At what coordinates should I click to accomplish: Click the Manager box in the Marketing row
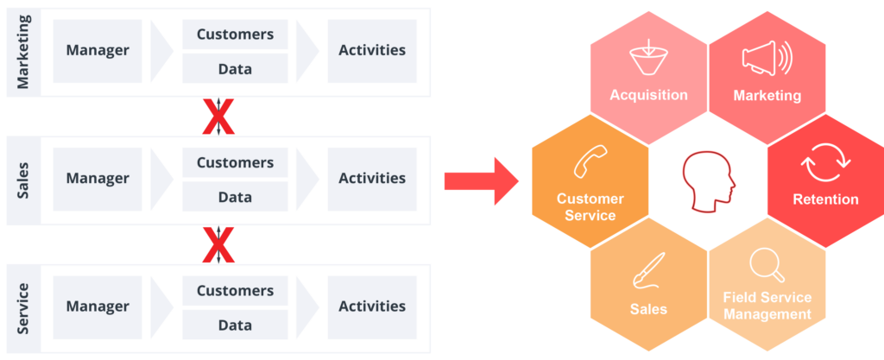tap(98, 50)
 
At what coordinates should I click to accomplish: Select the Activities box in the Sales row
tap(372, 179)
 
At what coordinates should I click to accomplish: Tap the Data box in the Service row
tap(235, 325)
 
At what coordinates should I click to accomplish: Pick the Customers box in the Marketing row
tap(235, 35)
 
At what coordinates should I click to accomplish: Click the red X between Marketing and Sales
tap(218, 116)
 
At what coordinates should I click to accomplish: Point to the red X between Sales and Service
tap(218, 244)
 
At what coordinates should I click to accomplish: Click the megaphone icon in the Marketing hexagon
tap(766, 60)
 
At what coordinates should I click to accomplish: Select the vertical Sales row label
tap(23, 179)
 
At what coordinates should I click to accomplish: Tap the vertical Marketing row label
tap(23, 51)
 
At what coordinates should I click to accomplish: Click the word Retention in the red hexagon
tap(825, 199)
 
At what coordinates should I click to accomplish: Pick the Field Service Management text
tap(767, 306)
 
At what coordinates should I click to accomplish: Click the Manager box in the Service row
tap(98, 306)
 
